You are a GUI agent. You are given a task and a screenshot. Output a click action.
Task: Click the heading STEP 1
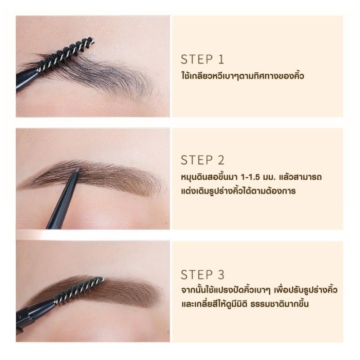click(202, 59)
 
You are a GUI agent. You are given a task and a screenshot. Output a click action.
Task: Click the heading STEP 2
click(202, 160)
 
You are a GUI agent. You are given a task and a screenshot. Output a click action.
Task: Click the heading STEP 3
click(202, 274)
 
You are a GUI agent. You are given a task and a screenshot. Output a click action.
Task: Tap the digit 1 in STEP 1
click(221, 59)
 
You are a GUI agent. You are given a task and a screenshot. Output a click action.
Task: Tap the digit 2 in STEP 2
click(220, 160)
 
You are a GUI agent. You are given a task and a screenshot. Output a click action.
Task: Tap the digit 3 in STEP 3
click(220, 274)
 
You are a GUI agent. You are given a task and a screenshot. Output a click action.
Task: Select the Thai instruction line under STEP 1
click(243, 76)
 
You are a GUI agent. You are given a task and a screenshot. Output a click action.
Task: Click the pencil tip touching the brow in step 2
click(77, 169)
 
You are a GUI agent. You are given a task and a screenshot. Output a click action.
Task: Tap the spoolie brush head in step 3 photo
click(80, 292)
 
